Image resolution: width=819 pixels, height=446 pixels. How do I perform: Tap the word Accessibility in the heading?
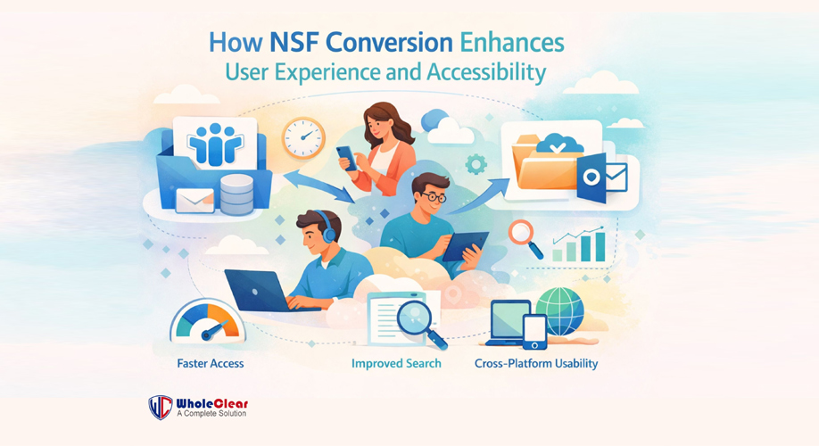click(490, 71)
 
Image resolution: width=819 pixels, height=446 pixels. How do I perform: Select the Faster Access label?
click(210, 364)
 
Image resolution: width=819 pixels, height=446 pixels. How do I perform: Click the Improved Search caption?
click(396, 364)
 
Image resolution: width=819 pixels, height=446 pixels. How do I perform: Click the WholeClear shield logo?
click(161, 407)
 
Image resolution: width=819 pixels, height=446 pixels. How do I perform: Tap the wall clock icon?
click(303, 139)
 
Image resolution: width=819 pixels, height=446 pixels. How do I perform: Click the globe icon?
click(559, 310)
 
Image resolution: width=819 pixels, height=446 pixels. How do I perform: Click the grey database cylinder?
click(236, 194)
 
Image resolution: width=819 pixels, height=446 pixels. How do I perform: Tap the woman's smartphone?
click(346, 157)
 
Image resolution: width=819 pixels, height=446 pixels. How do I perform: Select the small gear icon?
click(476, 163)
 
